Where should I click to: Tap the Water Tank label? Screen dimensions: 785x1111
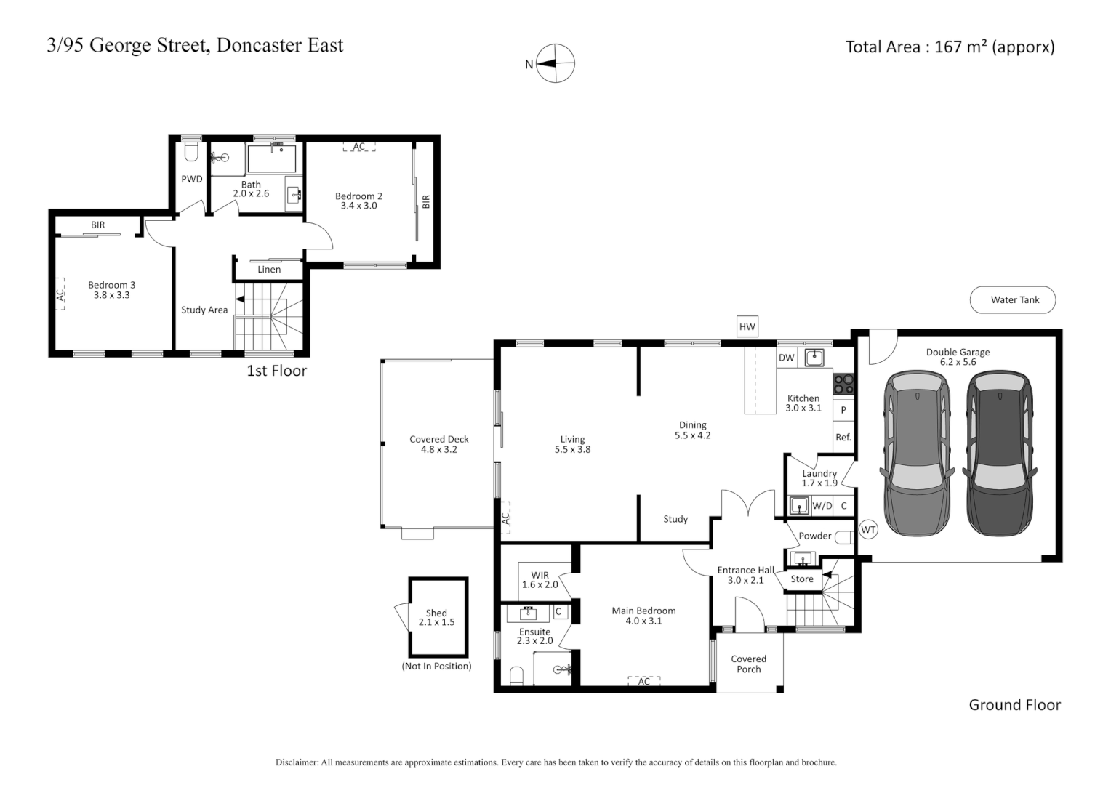pos(1014,299)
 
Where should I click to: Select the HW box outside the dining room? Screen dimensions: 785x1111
pos(747,327)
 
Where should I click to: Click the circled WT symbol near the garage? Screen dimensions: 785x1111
pos(868,530)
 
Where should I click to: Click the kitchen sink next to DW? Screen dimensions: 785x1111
pos(814,358)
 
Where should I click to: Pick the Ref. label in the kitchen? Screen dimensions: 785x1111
pos(843,438)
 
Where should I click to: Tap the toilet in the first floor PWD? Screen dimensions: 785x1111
pos(191,152)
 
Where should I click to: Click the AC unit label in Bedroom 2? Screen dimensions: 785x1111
pos(358,147)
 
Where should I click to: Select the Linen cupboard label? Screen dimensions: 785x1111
pos(269,270)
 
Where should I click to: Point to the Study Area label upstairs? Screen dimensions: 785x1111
pos(204,310)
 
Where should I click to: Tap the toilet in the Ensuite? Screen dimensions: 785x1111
pos(516,676)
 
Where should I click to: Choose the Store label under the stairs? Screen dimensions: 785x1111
pos(801,579)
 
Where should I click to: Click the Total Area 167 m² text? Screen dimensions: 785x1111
pos(950,47)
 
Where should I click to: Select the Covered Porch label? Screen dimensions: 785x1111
pos(748,664)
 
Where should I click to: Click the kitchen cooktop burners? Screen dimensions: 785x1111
pos(843,384)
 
